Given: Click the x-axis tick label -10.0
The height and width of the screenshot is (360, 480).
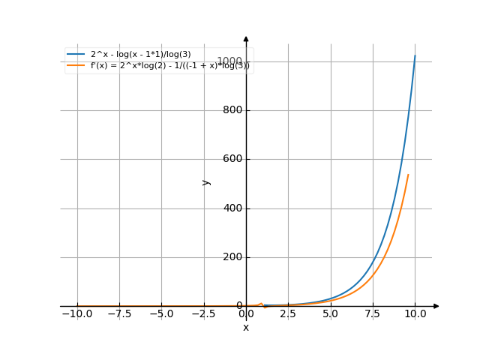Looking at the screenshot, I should [x=76, y=314].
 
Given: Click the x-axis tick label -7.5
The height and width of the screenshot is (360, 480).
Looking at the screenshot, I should [x=118, y=314].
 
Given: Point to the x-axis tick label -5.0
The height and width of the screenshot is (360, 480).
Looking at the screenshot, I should [x=161, y=314].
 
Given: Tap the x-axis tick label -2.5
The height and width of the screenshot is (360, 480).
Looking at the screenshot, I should [x=203, y=314].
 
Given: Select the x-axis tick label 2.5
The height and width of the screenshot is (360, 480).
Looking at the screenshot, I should [x=288, y=314].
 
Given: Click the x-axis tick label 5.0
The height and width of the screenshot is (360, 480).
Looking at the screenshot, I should [x=330, y=314].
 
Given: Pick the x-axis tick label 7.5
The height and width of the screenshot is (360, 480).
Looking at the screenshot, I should [x=373, y=314].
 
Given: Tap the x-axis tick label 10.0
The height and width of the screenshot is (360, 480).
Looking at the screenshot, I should [x=415, y=314].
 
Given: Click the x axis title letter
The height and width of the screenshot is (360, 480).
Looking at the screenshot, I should [x=246, y=328].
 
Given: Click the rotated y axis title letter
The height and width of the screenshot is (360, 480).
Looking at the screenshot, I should [x=206, y=182].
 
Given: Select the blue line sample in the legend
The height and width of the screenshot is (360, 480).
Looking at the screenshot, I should [x=76, y=55].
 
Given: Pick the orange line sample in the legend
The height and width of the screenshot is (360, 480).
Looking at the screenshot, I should [x=76, y=66].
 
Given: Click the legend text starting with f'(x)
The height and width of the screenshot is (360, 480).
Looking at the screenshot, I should [x=170, y=66].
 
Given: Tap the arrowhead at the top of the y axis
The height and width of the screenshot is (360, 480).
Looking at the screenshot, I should [x=246, y=38].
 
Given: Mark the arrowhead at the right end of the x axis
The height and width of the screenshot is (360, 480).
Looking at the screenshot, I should [x=436, y=306].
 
